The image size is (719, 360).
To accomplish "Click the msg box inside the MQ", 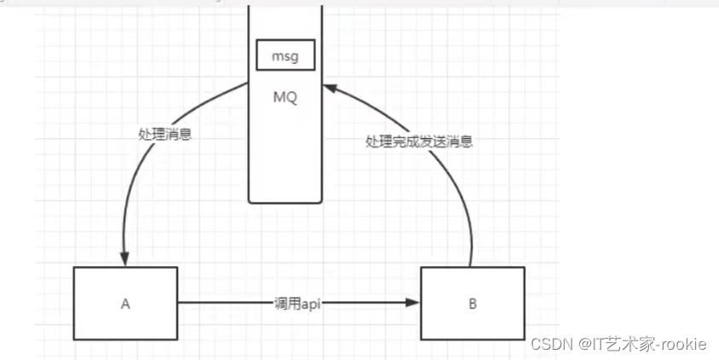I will point(285,56).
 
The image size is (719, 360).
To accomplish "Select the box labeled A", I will point(125,303).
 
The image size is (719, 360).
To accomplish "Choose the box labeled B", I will point(473,303).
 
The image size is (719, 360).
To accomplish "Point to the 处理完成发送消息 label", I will point(419,142).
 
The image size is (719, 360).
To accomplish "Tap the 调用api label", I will point(299,303).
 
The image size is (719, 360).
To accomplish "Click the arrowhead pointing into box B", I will point(414,302).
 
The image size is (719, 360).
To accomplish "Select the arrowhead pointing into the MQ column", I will point(331,86).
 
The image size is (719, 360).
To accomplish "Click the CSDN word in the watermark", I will point(549,344).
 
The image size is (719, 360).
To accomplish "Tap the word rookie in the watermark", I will point(681,344).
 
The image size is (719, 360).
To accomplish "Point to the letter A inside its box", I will point(125,303).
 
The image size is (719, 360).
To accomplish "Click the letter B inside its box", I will point(473,303).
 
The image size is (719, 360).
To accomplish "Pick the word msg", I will point(285,56).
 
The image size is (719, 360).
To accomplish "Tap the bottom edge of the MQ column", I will point(285,202).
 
